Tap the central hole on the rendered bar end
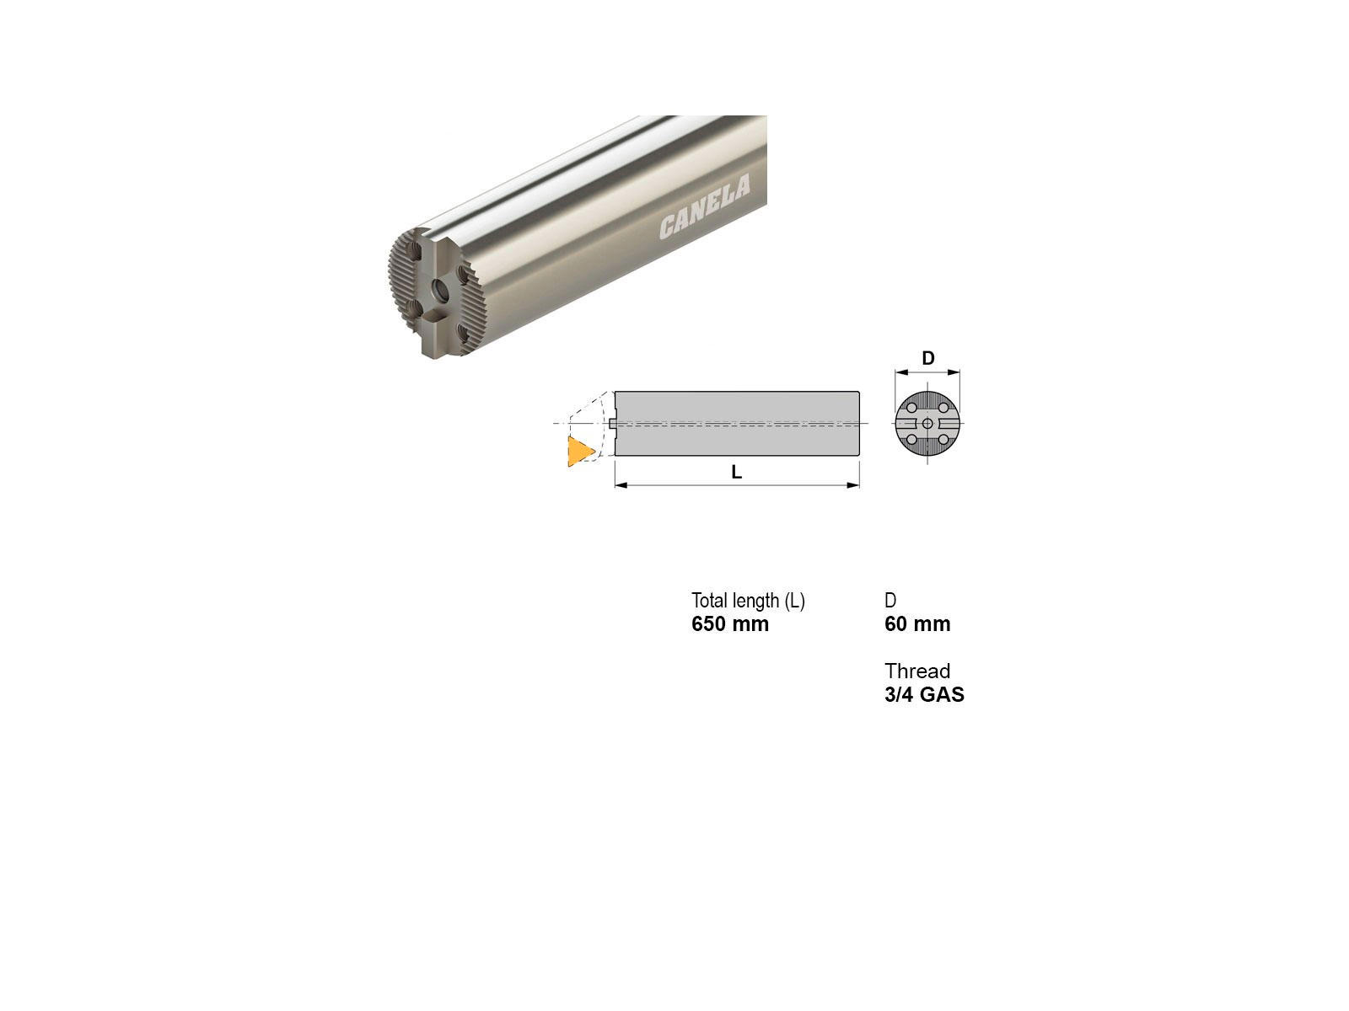point(440,288)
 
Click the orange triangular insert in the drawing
point(580,452)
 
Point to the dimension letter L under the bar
point(736,472)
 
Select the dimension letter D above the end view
point(928,357)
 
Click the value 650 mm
point(730,623)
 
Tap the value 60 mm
point(917,623)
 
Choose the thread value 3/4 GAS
point(924,694)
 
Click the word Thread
point(917,671)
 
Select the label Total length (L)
point(748,601)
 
